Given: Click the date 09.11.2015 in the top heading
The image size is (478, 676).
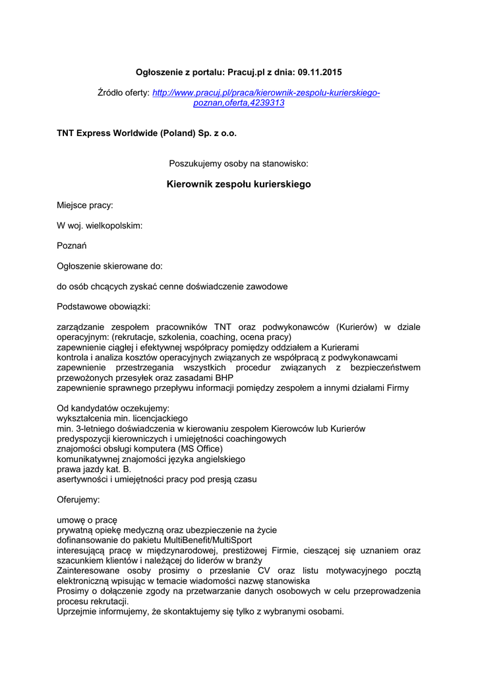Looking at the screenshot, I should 320,71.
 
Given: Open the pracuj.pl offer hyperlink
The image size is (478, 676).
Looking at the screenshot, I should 266,93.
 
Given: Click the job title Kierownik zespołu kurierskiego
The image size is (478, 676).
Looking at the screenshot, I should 239,184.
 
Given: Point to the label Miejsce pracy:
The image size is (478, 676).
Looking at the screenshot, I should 85,205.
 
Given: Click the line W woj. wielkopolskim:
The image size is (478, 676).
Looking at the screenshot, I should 100,226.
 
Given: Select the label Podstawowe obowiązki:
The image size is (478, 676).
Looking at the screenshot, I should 104,306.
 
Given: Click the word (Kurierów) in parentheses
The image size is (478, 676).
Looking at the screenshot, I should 357,327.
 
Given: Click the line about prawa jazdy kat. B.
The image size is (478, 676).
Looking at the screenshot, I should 94,469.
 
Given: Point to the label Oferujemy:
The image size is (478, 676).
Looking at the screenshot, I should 78,500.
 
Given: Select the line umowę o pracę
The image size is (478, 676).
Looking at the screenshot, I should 87,520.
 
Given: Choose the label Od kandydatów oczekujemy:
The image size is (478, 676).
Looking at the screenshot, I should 113,409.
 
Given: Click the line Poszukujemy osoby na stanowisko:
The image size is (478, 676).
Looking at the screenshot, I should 239,162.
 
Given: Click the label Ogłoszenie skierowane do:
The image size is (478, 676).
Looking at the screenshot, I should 109,266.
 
